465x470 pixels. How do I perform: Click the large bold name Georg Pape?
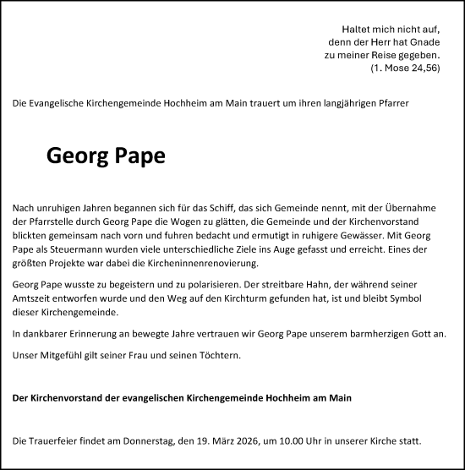click(106, 156)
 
